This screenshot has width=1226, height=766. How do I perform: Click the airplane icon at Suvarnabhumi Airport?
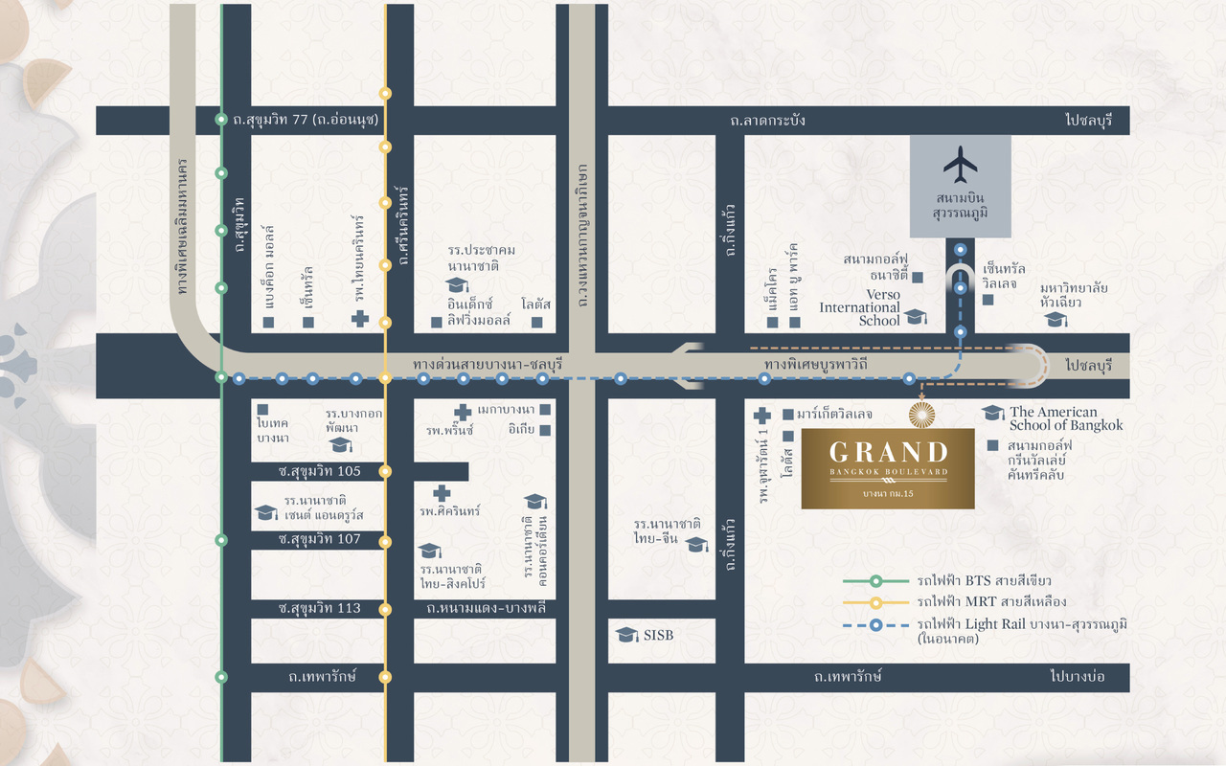click(x=960, y=165)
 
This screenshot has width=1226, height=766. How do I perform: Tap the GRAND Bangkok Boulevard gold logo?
click(x=888, y=468)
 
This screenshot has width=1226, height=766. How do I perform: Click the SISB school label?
click(x=658, y=635)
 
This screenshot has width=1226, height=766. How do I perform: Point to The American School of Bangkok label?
click(x=1065, y=418)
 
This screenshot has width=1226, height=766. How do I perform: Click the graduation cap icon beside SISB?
click(x=627, y=635)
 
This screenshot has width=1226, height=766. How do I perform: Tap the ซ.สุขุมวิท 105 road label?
click(x=319, y=471)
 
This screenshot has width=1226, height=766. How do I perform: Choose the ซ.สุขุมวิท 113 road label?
click(x=319, y=608)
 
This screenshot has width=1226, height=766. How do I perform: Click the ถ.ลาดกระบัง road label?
click(x=767, y=121)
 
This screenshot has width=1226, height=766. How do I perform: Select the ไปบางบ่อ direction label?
click(x=1077, y=677)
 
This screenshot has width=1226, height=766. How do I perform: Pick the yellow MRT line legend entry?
click(x=990, y=602)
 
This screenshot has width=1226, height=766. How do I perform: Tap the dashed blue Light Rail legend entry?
click(x=1021, y=624)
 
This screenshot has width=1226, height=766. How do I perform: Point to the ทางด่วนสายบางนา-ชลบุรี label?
click(x=488, y=365)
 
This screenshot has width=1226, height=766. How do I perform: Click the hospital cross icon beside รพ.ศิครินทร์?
click(x=442, y=493)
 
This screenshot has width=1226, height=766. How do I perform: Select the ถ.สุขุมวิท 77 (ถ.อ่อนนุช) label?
click(x=306, y=121)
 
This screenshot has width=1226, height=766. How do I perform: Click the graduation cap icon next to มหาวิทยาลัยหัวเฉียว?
click(x=1056, y=319)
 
